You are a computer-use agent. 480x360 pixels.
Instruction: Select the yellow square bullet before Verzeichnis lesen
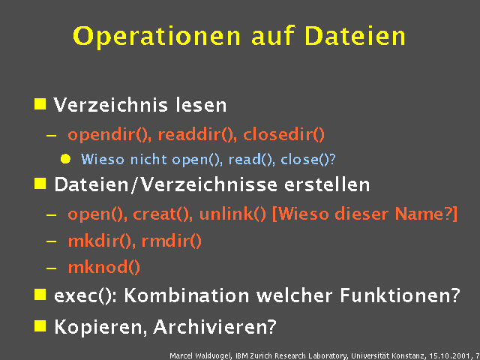pyautogui.click(x=40, y=103)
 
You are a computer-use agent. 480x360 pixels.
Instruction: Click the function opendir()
pyautogui.click(x=108, y=136)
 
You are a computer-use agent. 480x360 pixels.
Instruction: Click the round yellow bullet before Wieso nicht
pyautogui.click(x=65, y=159)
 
